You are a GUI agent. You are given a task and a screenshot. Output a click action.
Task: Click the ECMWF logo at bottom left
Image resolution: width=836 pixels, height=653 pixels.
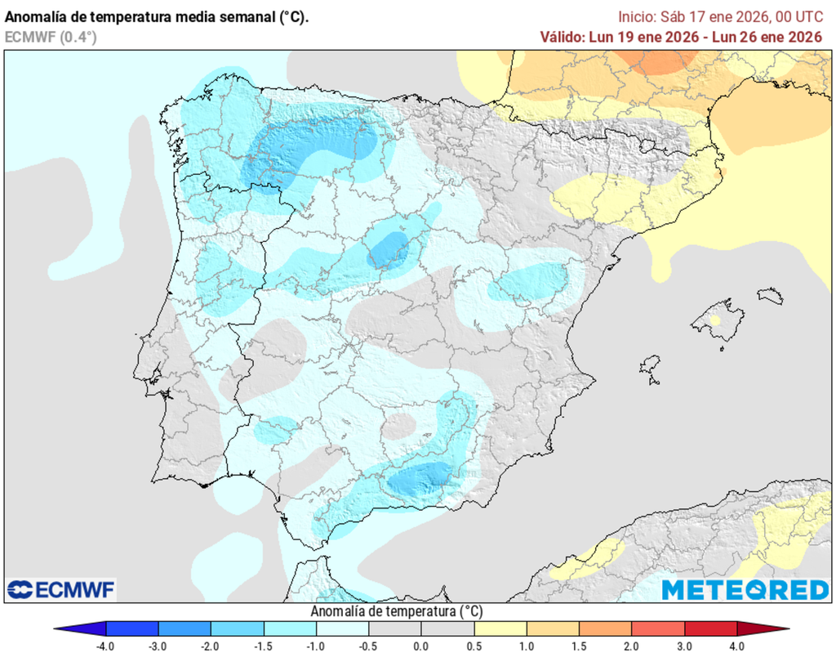61,589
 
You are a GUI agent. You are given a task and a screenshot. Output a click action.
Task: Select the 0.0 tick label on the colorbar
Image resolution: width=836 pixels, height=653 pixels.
421,646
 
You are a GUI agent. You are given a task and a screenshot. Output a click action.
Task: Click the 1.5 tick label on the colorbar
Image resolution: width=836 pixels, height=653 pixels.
580,646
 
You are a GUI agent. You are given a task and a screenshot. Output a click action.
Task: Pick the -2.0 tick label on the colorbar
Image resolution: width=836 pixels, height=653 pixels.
211,646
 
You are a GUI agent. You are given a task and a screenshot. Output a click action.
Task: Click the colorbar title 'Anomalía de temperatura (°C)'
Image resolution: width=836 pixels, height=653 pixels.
397,611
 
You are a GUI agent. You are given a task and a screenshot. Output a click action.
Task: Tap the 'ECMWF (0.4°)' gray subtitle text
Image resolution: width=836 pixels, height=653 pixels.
51,37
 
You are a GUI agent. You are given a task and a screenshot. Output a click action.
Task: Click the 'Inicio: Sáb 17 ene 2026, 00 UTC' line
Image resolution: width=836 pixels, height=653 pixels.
719,16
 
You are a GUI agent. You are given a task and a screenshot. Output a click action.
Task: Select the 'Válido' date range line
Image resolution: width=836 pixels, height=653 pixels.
681,37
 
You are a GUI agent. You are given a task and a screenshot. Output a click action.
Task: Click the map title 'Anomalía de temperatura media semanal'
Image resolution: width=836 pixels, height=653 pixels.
157,16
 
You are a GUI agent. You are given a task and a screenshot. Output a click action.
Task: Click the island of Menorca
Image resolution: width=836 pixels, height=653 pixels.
770,296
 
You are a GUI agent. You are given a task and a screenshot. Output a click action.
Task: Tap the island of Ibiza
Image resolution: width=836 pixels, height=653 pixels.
650,365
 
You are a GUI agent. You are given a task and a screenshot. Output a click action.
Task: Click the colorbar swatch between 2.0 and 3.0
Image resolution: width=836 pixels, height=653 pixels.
658,628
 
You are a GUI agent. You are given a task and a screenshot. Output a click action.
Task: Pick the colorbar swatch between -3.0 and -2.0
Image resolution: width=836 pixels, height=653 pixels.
185,628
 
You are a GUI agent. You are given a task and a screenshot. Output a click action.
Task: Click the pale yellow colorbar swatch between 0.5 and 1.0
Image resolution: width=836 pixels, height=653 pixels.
500,628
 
